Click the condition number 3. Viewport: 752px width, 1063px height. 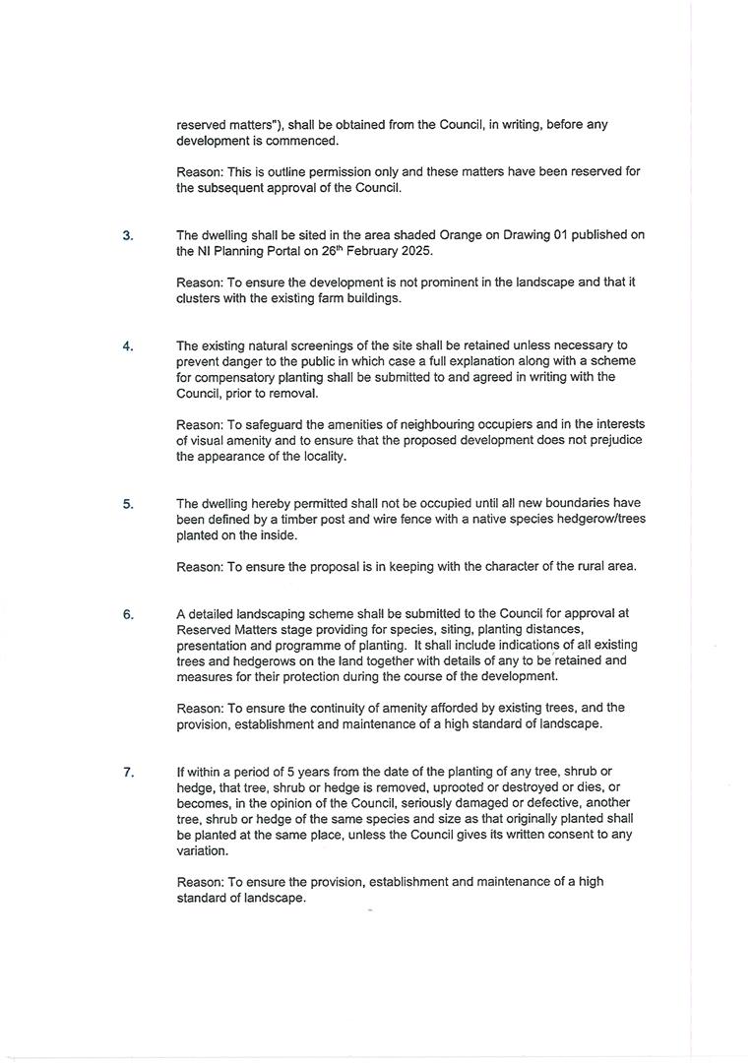click(128, 236)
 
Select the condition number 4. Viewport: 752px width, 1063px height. click(128, 346)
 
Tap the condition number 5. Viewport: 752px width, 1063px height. click(128, 505)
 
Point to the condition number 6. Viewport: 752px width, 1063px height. click(128, 615)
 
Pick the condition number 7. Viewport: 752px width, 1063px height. click(128, 773)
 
